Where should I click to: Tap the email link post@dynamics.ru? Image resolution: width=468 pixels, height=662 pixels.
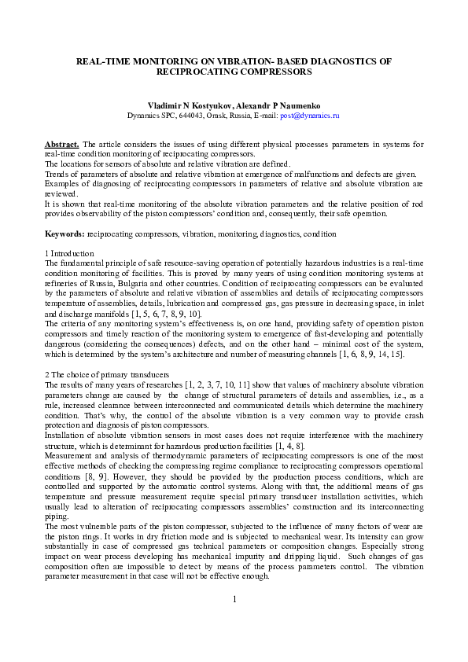310,115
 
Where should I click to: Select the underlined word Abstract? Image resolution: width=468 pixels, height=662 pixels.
61,145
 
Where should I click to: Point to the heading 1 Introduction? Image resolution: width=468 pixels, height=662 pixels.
69,254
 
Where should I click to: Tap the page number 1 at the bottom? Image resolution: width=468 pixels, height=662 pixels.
234,622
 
